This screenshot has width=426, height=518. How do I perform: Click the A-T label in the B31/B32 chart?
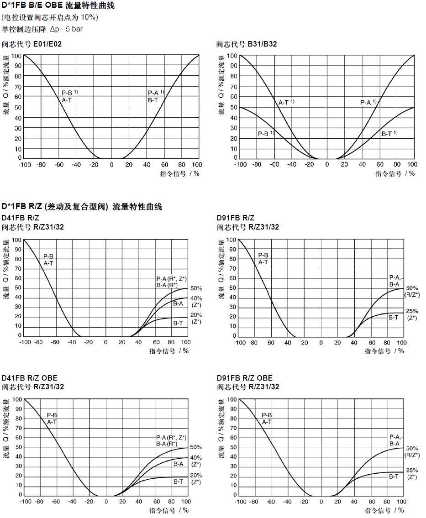coord(284,102)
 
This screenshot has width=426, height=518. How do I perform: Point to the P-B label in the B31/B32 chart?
coord(263,134)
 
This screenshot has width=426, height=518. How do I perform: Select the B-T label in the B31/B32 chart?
coord(387,134)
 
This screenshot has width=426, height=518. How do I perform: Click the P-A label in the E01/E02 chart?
coord(153,93)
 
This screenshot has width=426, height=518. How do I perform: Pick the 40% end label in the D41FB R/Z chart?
coord(196,298)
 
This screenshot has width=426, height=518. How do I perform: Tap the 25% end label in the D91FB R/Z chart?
coord(412,311)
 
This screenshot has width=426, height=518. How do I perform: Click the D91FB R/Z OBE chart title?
coord(244,378)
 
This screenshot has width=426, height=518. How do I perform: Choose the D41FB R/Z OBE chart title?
coord(30,378)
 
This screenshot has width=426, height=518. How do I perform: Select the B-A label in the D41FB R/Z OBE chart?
coord(178,464)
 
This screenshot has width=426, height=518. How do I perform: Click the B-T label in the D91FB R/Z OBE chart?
coord(394,476)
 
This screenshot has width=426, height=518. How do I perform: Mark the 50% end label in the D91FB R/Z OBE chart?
coord(412,448)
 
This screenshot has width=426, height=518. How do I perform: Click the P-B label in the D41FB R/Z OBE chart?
coord(52,415)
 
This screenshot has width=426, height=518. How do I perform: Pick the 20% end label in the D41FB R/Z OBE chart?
coord(196,475)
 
